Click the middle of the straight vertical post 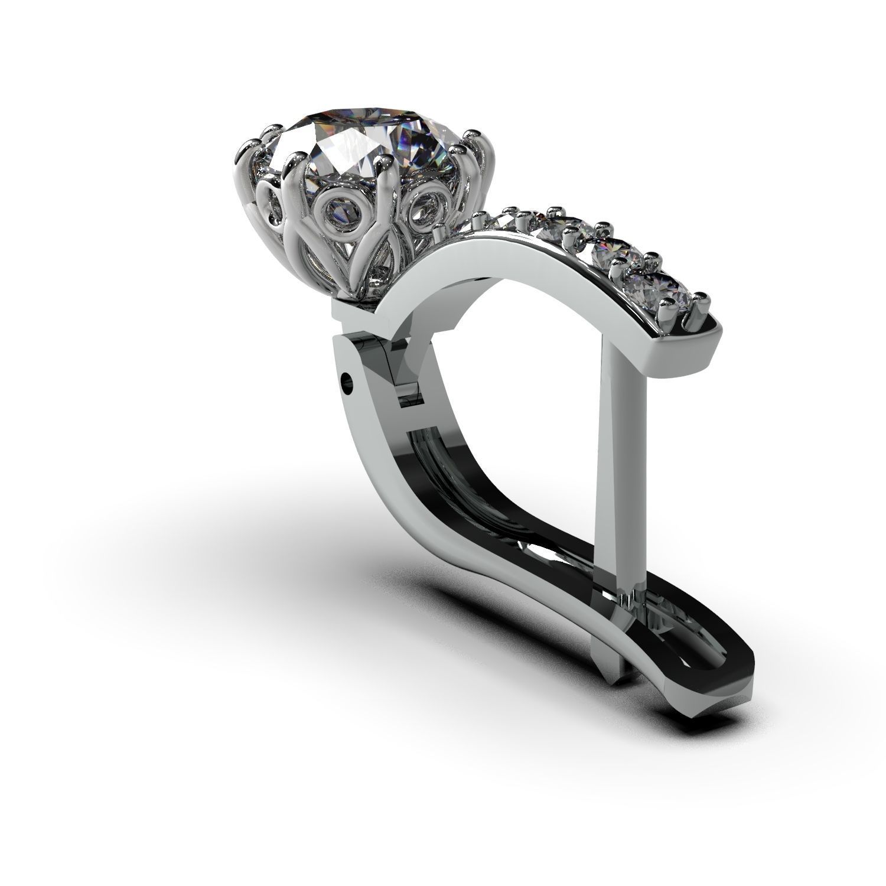[620, 473]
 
